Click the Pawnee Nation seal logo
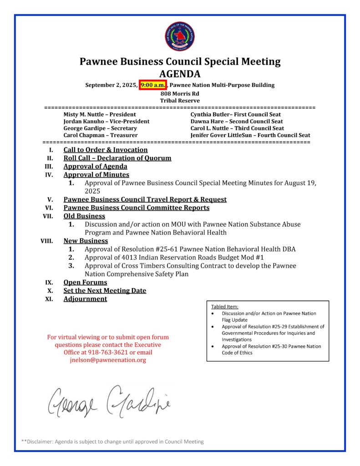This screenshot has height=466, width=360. point(180,36)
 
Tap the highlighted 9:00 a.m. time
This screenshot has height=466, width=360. point(153,85)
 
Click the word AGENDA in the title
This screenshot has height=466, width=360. point(180,74)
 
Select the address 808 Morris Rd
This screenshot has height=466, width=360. point(180,94)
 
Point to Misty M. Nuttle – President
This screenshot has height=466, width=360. point(99,115)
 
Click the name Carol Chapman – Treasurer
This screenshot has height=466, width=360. point(100,135)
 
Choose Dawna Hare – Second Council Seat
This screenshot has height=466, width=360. point(237,122)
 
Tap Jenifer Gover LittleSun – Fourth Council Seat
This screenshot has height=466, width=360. point(250,135)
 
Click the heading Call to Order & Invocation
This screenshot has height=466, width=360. point(106,150)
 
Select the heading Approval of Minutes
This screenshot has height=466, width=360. point(96,174)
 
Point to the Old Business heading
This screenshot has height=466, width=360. point(84,216)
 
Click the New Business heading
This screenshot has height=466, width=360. point(86,241)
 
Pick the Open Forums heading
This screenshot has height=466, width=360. point(85,282)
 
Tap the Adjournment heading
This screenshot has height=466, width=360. point(85,299)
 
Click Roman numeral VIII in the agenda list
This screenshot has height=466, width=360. point(47,241)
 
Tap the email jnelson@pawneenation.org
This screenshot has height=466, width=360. point(108,360)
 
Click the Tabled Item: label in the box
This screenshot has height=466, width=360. point(225,307)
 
